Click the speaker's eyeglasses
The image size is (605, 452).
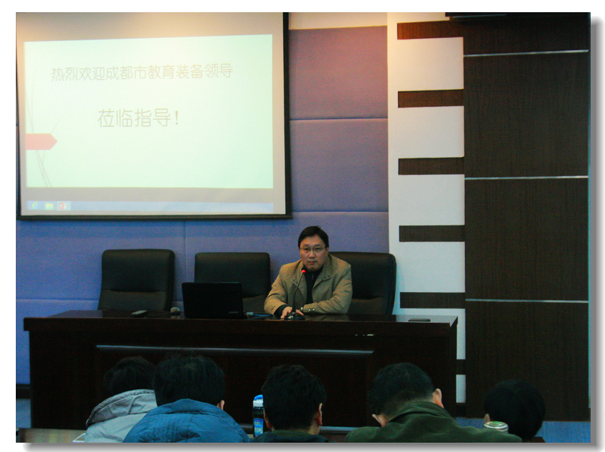click(x=313, y=250)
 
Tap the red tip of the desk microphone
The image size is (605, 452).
click(x=304, y=271)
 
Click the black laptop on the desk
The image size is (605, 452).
click(x=213, y=300)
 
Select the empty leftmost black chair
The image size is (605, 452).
click(x=137, y=280)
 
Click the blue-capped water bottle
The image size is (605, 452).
click(x=258, y=415)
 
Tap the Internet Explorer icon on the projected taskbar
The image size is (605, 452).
click(x=35, y=205)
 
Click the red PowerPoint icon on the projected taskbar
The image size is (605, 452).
click(x=63, y=206)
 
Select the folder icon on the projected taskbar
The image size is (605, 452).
click(x=49, y=206)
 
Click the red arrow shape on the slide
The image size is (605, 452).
click(x=41, y=141)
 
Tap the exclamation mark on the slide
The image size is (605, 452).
click(x=176, y=118)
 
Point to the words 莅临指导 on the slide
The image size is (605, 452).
click(x=134, y=118)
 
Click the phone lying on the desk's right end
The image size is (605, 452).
click(x=420, y=319)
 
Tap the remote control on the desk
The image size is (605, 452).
click(x=139, y=314)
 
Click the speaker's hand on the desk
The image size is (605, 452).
click(x=288, y=312)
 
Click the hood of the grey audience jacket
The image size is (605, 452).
click(x=121, y=405)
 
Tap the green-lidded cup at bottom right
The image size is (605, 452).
click(x=496, y=426)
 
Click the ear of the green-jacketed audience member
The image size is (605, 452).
click(x=439, y=396)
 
